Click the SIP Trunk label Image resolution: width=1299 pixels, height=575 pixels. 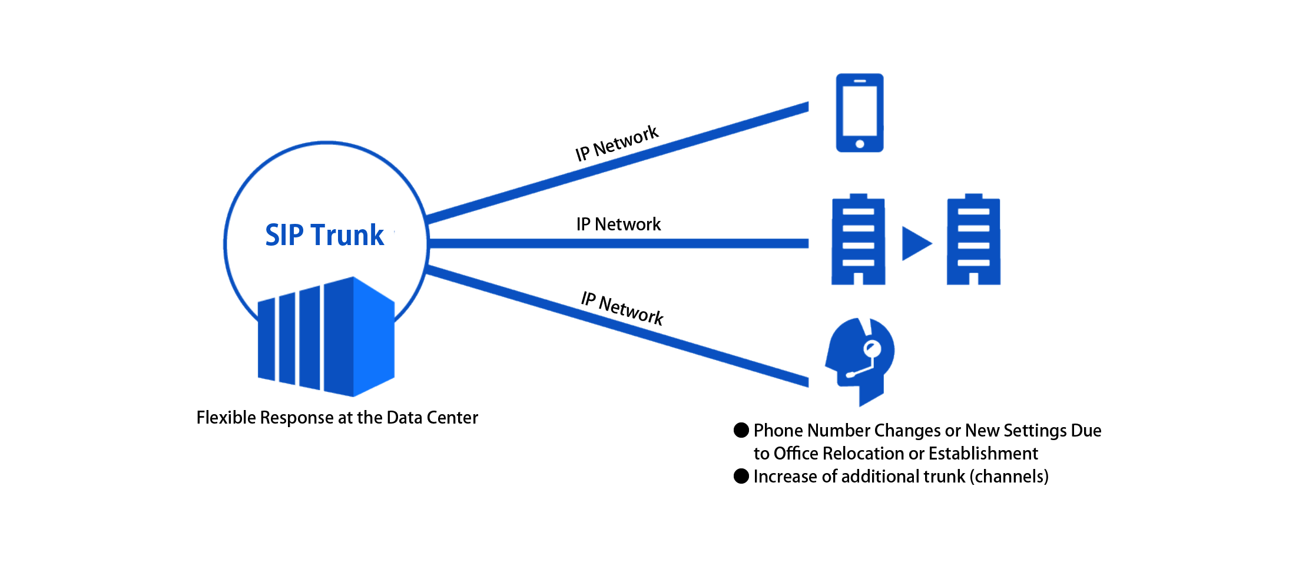coord(324,235)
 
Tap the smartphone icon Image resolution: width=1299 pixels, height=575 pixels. coord(860,113)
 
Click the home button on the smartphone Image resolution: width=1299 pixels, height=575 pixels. coord(860,144)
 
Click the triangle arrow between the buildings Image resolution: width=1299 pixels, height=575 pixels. coord(915,243)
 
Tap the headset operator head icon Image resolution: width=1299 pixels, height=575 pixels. coord(860,360)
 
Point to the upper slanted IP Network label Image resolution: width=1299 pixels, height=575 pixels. coord(617,143)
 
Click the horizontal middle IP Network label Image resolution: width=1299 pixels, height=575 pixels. coord(618,224)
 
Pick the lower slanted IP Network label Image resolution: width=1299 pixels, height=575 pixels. coord(622,308)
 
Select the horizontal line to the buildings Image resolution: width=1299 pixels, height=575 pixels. coord(618,243)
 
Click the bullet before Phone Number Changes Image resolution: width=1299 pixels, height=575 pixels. coord(741,431)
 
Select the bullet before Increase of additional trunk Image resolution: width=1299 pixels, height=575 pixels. coord(741,476)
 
